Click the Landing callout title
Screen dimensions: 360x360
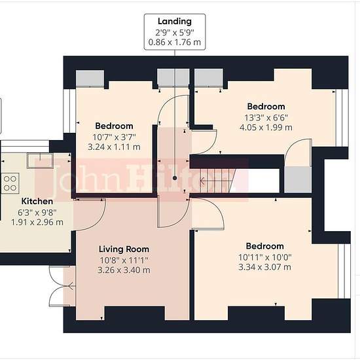pyautogui.click(x=175, y=22)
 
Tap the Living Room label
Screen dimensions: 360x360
pyautogui.click(x=124, y=249)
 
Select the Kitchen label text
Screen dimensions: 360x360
pyautogui.click(x=37, y=202)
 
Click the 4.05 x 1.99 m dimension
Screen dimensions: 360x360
pyautogui.click(x=266, y=127)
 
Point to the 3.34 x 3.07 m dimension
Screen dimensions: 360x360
pyautogui.click(x=264, y=267)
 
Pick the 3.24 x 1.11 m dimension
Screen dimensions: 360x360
pyautogui.click(x=114, y=147)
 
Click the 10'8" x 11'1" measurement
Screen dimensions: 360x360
pyautogui.click(x=124, y=261)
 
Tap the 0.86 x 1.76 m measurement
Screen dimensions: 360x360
pyautogui.click(x=175, y=43)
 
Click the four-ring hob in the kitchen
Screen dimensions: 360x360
pyautogui.click(x=10, y=183)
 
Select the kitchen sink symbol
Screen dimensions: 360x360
pyautogui.click(x=40, y=161)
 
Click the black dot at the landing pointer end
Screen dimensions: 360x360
pyautogui.click(x=175, y=178)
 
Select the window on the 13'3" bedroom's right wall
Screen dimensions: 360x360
pyautogui.click(x=342, y=118)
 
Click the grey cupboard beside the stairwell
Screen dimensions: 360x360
pyautogui.click(x=298, y=179)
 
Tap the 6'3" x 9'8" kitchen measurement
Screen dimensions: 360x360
pyautogui.click(x=37, y=213)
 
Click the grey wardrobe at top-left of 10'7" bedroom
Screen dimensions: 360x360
pyautogui.click(x=90, y=79)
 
